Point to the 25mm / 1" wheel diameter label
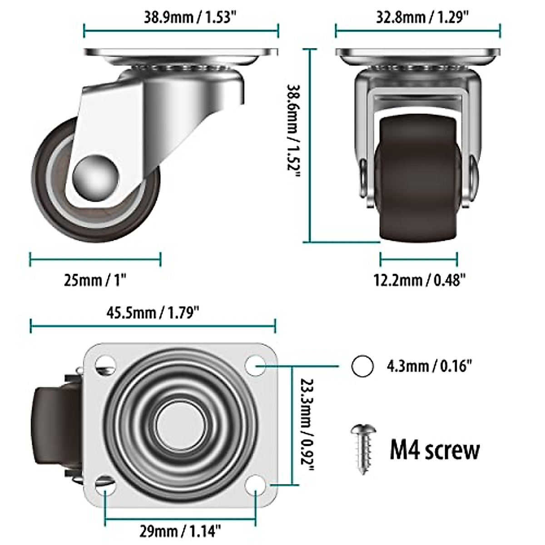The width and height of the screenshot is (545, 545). pyautogui.click(x=95, y=280)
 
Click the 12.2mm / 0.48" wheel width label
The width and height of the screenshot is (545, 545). pyautogui.click(x=420, y=280)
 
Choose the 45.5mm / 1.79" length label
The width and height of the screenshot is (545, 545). pyautogui.click(x=154, y=312)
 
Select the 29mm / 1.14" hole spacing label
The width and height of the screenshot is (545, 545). pyautogui.click(x=180, y=529)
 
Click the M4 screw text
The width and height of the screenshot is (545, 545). pyautogui.click(x=434, y=449)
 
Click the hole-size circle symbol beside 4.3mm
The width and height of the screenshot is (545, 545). pyautogui.click(x=362, y=366)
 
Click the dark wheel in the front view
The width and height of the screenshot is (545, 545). pyautogui.click(x=417, y=177)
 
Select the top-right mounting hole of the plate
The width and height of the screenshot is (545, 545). pyautogui.click(x=256, y=365)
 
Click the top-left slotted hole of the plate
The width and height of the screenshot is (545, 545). pyautogui.click(x=105, y=364)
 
